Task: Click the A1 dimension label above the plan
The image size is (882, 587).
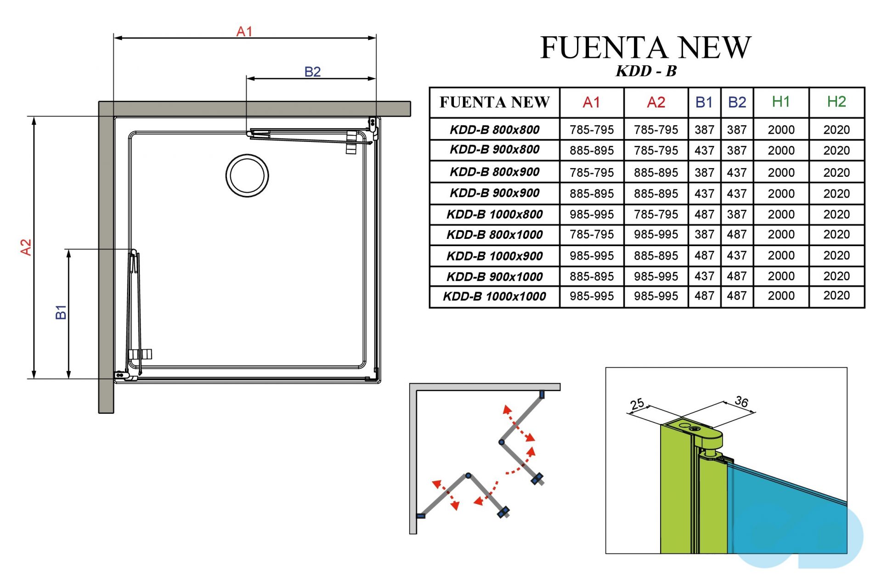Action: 244,31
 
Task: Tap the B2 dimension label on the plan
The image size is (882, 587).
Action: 312,72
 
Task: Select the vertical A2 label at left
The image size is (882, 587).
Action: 26,247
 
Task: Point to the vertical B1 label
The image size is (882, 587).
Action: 61,312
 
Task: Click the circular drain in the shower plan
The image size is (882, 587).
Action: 247,175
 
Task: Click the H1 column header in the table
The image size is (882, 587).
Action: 780,102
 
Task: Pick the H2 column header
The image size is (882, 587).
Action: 836,102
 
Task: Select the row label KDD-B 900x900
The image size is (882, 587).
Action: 494,193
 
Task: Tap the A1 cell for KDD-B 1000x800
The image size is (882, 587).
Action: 591,214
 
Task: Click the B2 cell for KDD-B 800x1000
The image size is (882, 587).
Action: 736,235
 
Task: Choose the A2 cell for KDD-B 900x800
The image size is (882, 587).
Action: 656,151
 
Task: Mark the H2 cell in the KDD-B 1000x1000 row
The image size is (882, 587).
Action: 836,296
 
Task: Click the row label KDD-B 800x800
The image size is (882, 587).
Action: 494,130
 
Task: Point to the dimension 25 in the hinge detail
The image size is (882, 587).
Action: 637,404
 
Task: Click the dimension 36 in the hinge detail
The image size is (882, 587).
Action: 741,401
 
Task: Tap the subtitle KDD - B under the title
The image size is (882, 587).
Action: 646,71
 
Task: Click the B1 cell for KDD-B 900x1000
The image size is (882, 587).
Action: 704,277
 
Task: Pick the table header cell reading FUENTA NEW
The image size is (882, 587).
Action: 494,102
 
